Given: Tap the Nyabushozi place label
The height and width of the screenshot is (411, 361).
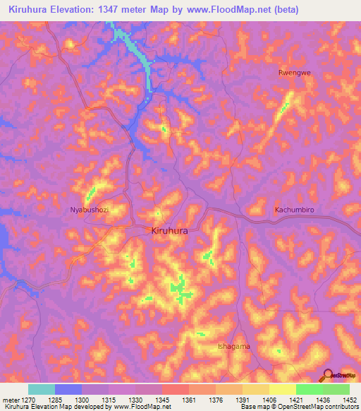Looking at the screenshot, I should [x=90, y=210].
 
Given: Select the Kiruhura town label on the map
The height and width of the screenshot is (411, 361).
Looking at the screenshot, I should [x=170, y=230].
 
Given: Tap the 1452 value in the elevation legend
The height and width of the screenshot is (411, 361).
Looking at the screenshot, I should [x=350, y=400].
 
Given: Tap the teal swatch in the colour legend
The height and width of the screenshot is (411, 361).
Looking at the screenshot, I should [x=42, y=389].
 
